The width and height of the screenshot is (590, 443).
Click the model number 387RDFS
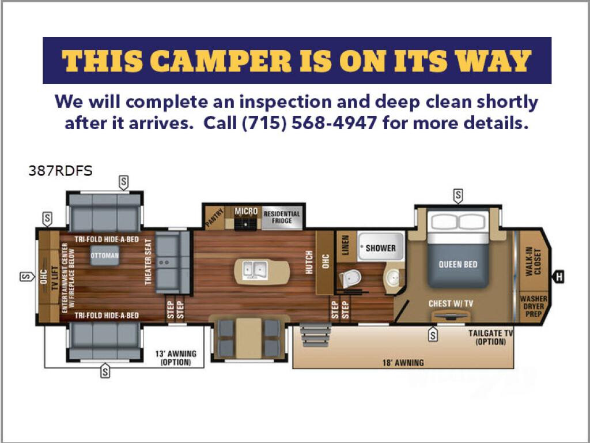pos(60,171)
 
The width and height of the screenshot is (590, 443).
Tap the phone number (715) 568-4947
pos(309,123)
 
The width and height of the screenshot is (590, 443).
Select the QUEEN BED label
pos(458,264)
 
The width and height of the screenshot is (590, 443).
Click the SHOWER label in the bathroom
pos(381,248)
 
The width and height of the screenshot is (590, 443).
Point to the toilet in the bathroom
pos(350,279)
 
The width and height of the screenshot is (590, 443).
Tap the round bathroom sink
pos(392,278)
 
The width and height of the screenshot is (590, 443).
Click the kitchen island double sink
pos(255,269)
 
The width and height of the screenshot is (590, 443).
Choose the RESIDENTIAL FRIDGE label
pos(282,217)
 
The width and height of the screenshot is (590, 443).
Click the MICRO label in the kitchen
pos(246,211)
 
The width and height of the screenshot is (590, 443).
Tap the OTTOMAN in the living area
pos(105,256)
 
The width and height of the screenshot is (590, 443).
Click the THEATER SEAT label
pos(148,262)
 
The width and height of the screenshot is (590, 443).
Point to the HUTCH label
pos(309,262)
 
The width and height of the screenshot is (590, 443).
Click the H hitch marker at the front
pos(559,277)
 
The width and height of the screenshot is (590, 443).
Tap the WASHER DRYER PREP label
pos(534,306)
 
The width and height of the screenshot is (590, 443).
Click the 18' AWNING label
pos(403,363)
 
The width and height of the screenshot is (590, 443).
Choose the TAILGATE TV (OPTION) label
pos(491,337)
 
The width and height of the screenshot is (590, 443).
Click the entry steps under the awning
pos(315,335)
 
